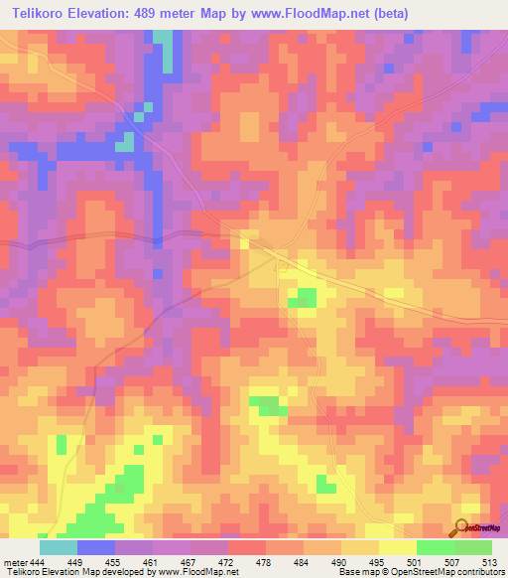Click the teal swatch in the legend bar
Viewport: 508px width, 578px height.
(59, 547)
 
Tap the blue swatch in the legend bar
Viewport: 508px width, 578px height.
(96, 547)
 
